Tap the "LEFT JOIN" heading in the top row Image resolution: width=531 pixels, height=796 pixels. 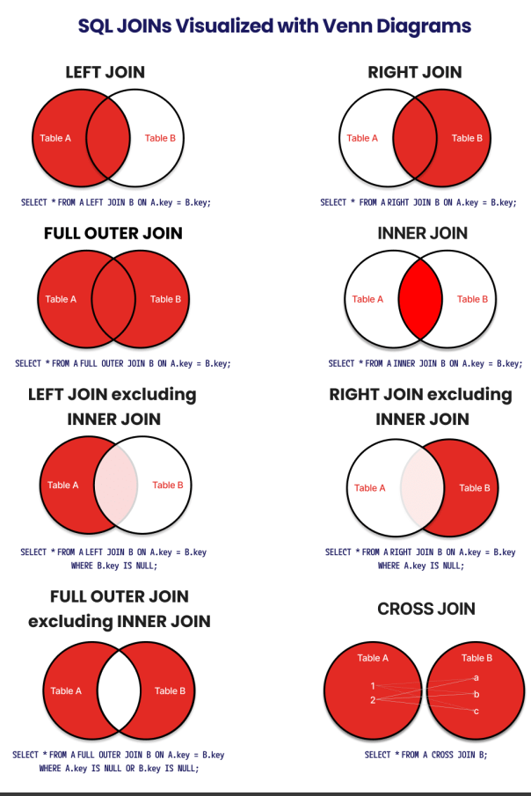click(x=105, y=72)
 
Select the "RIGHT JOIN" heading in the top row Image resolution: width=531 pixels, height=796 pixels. click(x=414, y=72)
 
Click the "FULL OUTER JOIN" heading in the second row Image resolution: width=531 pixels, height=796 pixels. click(x=113, y=233)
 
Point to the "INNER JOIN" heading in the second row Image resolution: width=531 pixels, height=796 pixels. click(x=423, y=233)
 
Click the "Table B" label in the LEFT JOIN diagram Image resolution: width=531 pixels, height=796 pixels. click(x=161, y=138)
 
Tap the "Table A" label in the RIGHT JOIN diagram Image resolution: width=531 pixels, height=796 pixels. click(x=362, y=138)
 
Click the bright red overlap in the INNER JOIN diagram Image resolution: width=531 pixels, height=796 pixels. click(x=419, y=299)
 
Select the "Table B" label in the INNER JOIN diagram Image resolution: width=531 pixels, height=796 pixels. click(x=473, y=299)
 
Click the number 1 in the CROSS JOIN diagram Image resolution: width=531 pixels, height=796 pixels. click(x=373, y=686)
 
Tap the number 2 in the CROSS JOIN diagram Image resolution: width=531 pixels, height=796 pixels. click(x=373, y=700)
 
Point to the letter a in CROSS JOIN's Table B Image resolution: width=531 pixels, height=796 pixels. click(x=476, y=677)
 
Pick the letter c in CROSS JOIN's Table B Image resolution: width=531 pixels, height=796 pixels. click(x=476, y=711)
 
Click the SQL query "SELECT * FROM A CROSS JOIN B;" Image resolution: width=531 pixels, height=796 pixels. click(x=426, y=755)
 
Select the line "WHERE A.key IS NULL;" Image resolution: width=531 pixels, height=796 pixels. click(x=420, y=566)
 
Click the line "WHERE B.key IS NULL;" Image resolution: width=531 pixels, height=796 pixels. click(x=113, y=566)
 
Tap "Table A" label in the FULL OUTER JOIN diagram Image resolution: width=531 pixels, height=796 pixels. click(x=61, y=299)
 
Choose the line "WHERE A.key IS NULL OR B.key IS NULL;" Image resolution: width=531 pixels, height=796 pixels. click(x=119, y=768)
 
